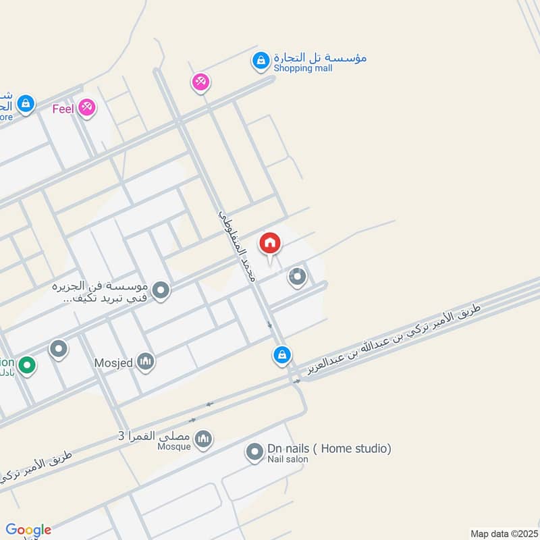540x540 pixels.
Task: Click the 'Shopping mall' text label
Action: [303, 68]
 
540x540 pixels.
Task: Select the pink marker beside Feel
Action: [86, 107]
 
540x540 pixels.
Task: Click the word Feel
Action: [63, 107]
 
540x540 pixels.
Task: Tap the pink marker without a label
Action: [200, 82]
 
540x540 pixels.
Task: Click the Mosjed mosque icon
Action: [145, 362]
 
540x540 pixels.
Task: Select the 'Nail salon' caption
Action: [288, 460]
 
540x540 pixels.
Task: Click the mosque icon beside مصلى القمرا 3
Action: [202, 440]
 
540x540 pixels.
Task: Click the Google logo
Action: [28, 530]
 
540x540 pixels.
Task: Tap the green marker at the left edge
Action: [27, 366]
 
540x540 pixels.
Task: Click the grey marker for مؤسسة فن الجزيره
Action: [161, 291]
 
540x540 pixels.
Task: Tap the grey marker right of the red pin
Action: [297, 277]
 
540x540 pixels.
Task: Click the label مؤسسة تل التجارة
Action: [321, 57]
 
